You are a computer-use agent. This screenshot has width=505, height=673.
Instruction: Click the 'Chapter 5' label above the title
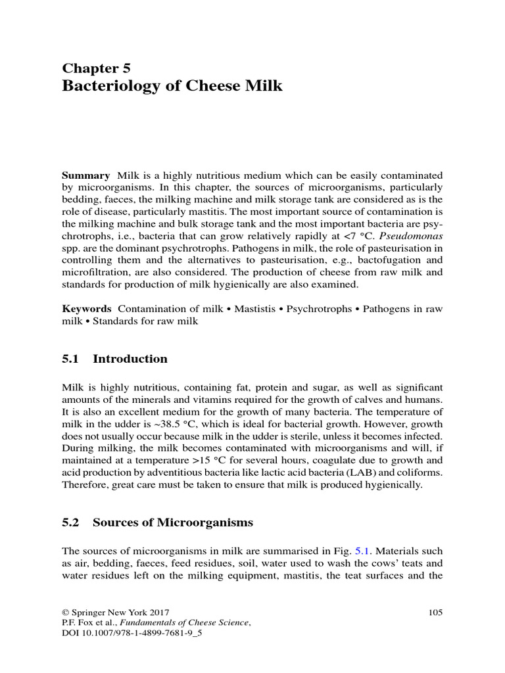click(97, 68)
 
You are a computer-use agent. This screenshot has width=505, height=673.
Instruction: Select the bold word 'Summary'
click(85, 175)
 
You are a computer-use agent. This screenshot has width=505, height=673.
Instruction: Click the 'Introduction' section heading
click(130, 359)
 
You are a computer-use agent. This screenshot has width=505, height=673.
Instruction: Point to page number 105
click(435, 613)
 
